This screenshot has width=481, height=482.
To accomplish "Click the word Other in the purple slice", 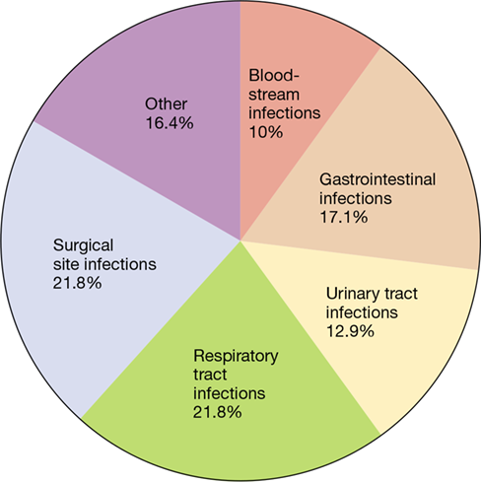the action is coord(166,104).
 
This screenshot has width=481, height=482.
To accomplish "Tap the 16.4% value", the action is coord(170,123).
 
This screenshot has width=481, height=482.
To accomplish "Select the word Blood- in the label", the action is coord(274,75).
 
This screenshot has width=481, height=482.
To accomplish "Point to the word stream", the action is coord(274,95).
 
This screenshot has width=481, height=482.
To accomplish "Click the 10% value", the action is coord(266,132).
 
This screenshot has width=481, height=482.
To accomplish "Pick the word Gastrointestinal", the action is coord(378,179).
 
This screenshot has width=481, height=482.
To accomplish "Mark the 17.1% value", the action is coord(344,217).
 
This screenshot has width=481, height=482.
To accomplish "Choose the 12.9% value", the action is coord(350,331).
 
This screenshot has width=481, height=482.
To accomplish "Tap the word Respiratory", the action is coord(236,356).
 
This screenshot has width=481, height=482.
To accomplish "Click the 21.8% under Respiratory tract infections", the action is coord(217,412).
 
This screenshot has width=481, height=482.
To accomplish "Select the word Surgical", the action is coord(84,245).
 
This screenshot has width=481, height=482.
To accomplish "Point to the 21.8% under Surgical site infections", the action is coord(77,283).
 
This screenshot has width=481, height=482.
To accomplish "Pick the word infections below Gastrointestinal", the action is coord(356,198).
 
